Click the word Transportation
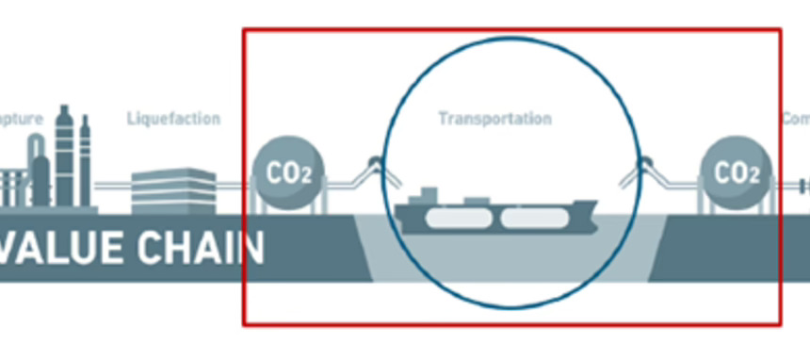494,120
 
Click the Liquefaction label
173,120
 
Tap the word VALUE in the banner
60,248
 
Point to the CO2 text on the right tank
737,172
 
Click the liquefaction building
173,189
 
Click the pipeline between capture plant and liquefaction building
113,183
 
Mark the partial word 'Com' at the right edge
796,120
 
